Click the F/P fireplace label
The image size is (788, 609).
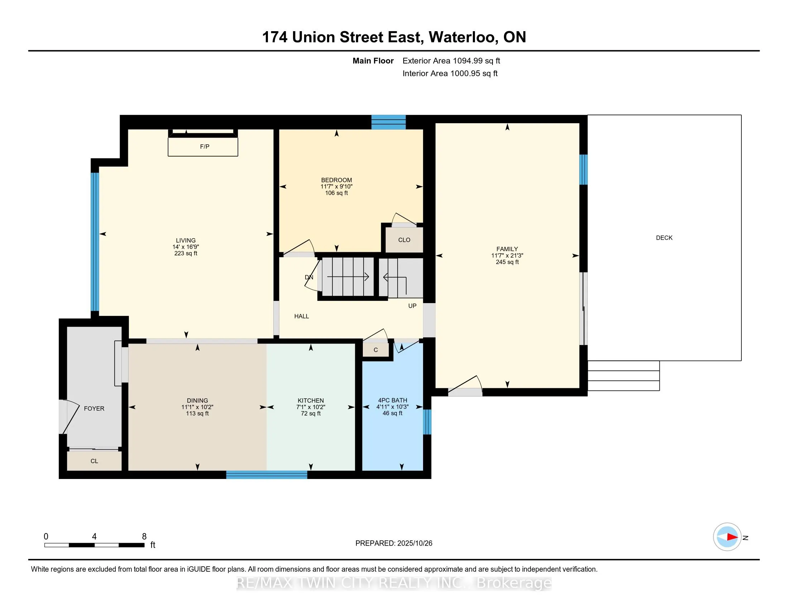pos(205,147)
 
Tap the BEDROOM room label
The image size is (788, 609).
pos(336,180)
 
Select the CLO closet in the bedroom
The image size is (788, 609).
pos(404,240)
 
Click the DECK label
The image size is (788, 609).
pos(664,238)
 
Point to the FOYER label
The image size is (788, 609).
pos(94,408)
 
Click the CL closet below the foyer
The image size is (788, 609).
pos(94,461)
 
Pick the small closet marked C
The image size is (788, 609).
pos(376,350)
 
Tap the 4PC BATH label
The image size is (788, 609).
pos(393,400)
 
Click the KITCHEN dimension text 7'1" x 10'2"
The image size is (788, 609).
pos(311,407)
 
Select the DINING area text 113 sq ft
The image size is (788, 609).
pos(197,413)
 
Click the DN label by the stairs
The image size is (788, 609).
pos(309,277)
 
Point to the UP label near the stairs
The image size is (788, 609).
pos(412,306)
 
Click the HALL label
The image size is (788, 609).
pos(301,316)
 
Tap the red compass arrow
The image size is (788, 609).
pos(732,537)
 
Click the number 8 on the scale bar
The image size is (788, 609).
pos(144,537)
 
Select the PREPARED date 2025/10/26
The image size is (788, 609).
pos(414,543)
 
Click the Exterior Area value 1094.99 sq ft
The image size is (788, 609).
pos(476,61)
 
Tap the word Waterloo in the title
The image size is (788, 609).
pos(463,37)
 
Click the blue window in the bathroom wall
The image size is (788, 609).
pos(427,422)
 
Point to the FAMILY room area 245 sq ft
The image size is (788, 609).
pos(507,262)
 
